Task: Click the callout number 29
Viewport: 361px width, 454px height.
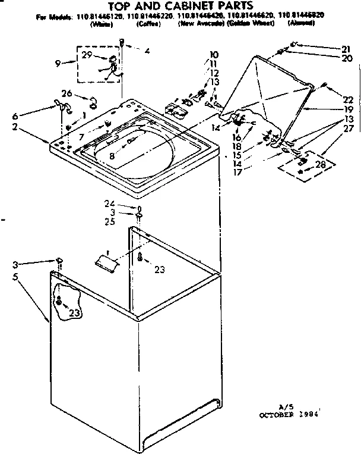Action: [x=86, y=55]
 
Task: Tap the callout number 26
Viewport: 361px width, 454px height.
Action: [x=67, y=93]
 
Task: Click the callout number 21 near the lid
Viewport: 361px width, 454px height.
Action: [x=346, y=48]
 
